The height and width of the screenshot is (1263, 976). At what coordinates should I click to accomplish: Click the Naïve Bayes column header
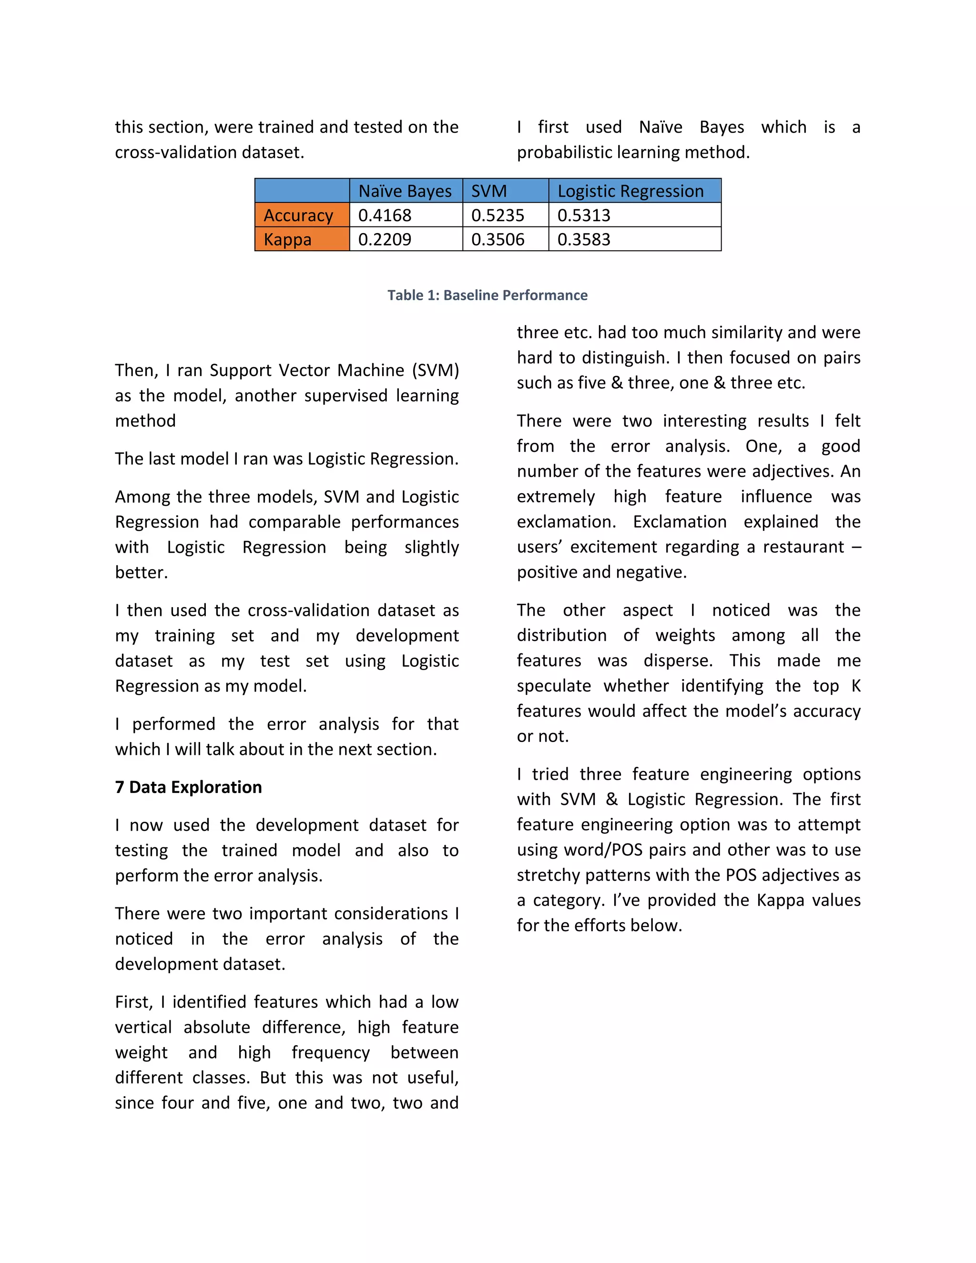coord(406,191)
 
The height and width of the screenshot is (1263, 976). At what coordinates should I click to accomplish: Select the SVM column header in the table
coord(489,191)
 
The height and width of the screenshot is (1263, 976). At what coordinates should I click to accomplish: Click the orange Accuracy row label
coord(299,215)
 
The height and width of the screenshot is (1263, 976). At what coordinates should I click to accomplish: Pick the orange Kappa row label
coord(288,239)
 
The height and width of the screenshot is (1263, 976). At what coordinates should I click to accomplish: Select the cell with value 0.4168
coord(385,215)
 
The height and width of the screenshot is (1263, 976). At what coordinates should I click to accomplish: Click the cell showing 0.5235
coord(498,215)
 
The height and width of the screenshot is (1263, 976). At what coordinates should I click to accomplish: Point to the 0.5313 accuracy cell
coord(584,215)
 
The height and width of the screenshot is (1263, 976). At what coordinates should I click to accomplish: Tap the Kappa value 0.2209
coord(385,239)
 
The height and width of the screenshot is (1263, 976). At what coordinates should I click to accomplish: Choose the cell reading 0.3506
coord(498,239)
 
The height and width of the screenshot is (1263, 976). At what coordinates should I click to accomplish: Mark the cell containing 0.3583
coord(584,239)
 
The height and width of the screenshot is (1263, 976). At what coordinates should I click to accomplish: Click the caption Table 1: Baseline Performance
coord(488,295)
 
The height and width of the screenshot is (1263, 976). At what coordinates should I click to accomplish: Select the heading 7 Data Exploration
coord(189,788)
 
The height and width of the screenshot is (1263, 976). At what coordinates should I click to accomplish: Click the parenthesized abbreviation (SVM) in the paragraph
coord(436,370)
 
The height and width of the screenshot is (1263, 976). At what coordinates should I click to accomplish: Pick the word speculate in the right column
coord(553,686)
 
